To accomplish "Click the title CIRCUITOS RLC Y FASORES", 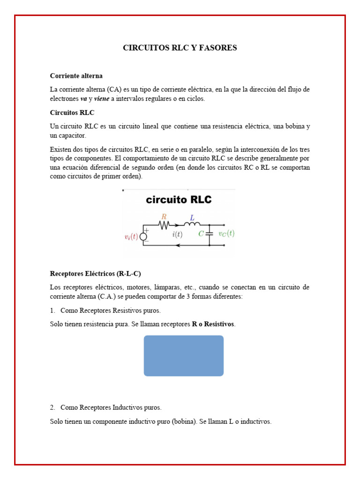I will [180, 48].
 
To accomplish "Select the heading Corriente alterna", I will [76, 75].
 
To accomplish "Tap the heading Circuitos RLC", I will [72, 112].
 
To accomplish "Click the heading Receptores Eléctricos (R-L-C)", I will [95, 273].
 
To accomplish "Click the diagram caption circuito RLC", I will [179, 200].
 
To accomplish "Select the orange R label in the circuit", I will [164, 217].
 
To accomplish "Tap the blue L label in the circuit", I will [192, 217].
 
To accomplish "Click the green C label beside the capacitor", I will [201, 233].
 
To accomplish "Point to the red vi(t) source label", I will [131, 237].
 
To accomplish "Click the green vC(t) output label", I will [226, 233].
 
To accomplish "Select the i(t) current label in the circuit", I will [177, 234].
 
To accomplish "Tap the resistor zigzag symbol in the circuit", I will [164, 225].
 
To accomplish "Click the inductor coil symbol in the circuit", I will [192, 225].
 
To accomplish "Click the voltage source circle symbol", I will [143, 236].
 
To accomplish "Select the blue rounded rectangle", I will [183, 355].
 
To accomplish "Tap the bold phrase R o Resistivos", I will [213, 324].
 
